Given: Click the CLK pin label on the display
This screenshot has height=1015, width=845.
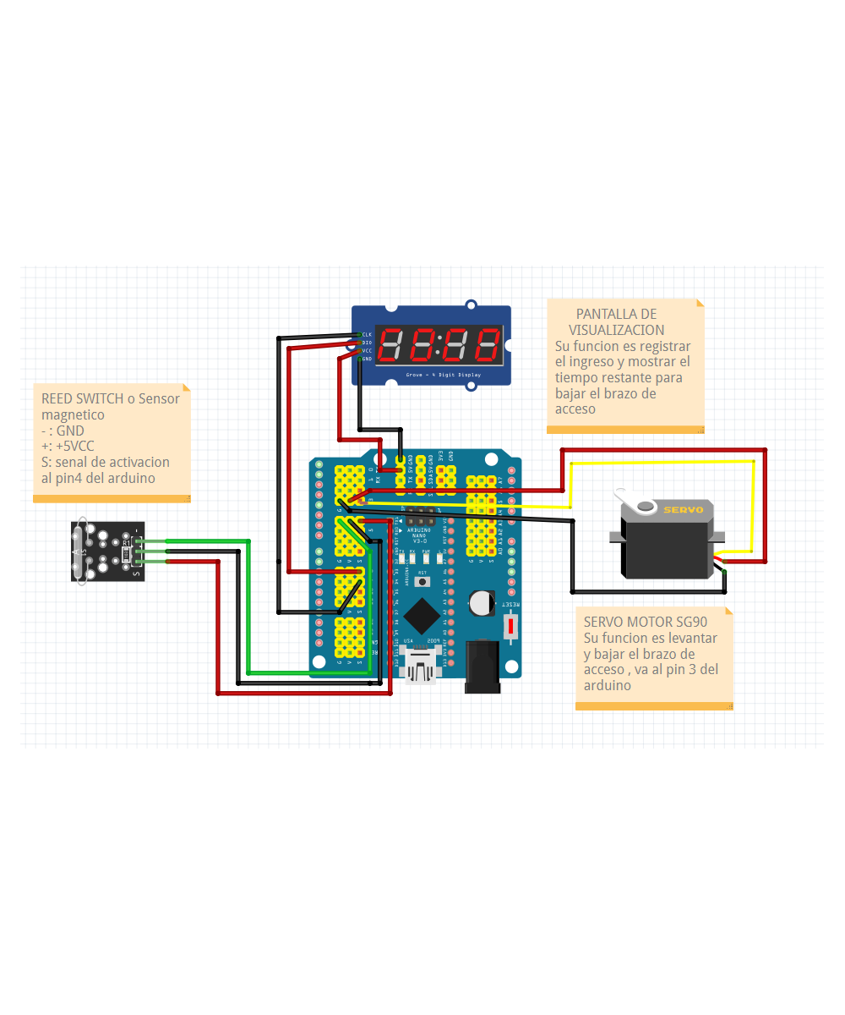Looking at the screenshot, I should (367, 335).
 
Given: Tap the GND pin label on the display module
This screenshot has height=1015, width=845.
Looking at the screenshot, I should (367, 359).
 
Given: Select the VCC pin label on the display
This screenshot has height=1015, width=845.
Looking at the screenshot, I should (367, 350).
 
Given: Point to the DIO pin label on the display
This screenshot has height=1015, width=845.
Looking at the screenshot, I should (367, 343).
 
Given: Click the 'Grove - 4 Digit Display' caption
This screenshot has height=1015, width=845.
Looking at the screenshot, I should (443, 374).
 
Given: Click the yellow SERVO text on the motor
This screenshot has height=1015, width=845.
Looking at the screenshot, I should (683, 509).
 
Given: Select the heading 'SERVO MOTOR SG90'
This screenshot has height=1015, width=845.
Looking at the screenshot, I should (645, 622).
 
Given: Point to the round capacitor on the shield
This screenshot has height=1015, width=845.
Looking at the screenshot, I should (482, 602).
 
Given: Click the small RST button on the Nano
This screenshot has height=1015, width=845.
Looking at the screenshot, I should (422, 583).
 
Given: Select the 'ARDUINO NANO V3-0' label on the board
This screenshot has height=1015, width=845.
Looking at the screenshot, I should (419, 535).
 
